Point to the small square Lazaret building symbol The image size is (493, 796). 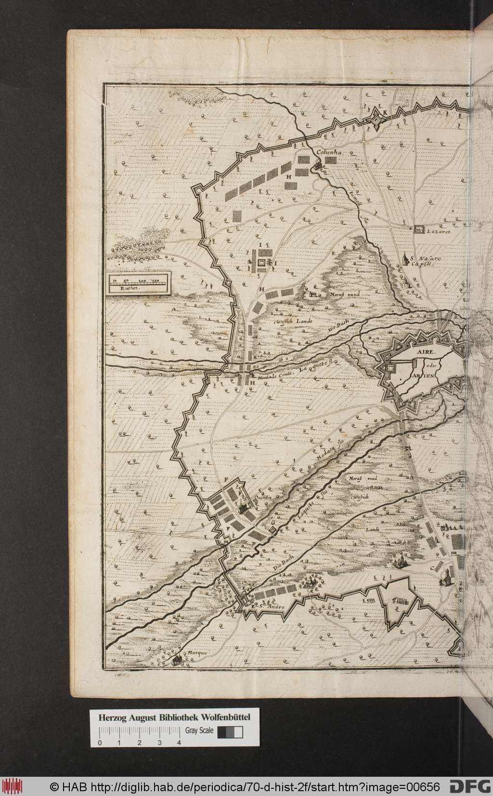coord(418,230)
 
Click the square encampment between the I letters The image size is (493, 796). coord(262,264)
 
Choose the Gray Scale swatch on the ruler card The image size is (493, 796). coord(230,705)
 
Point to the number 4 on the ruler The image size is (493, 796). coord(179,716)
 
